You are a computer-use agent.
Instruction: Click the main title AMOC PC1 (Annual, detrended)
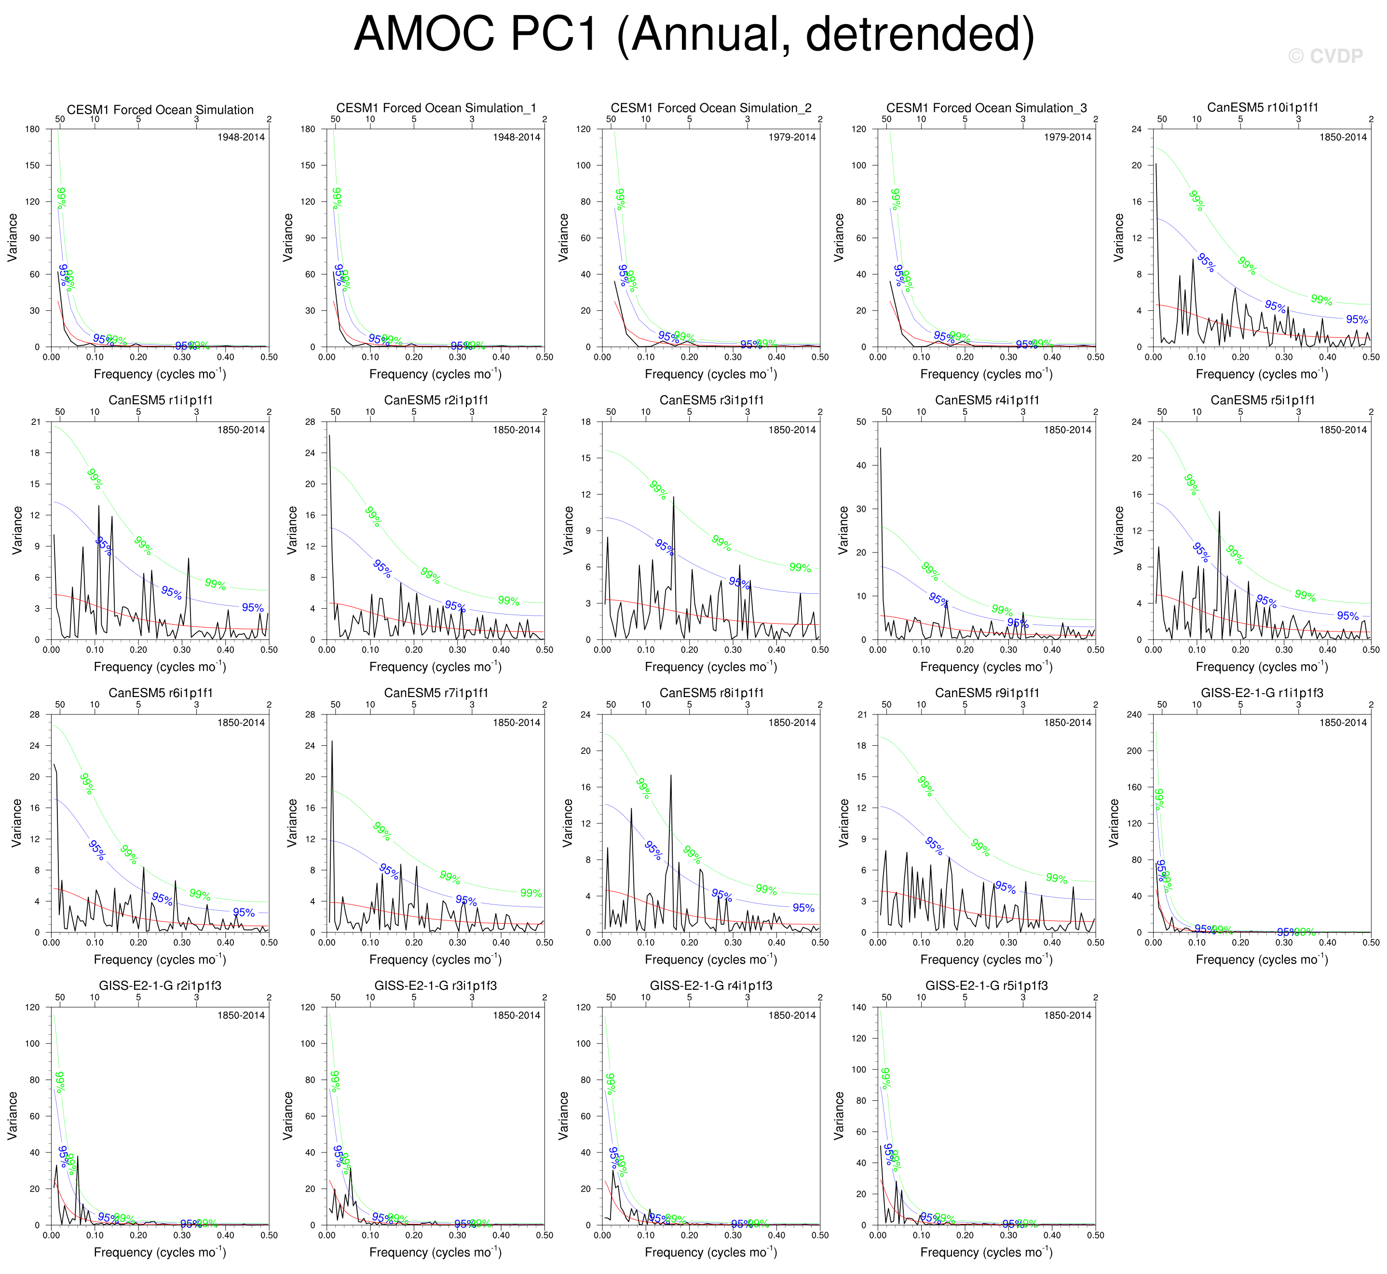pos(693,34)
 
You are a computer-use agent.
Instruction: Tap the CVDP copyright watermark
pos(1324,56)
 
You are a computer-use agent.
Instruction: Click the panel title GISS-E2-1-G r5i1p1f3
pos(987,986)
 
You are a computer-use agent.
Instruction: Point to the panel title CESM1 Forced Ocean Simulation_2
pos(711,108)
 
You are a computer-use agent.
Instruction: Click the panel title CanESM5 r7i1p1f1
pos(435,693)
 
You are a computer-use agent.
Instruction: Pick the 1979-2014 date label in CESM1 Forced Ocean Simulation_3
pos(1067,137)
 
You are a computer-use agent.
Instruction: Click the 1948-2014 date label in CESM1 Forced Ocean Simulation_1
pos(517,137)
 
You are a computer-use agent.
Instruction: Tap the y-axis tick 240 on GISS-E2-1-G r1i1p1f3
pos(1133,715)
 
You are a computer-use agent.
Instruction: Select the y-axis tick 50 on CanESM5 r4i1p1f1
pos(861,422)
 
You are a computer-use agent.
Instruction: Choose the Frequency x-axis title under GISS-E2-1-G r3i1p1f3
pos(435,1252)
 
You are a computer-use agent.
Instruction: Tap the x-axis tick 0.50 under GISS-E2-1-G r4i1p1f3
pos(820,1235)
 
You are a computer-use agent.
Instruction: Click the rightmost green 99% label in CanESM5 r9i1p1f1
pos(1056,879)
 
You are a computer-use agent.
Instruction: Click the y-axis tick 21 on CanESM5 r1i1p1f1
pos(35,422)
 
